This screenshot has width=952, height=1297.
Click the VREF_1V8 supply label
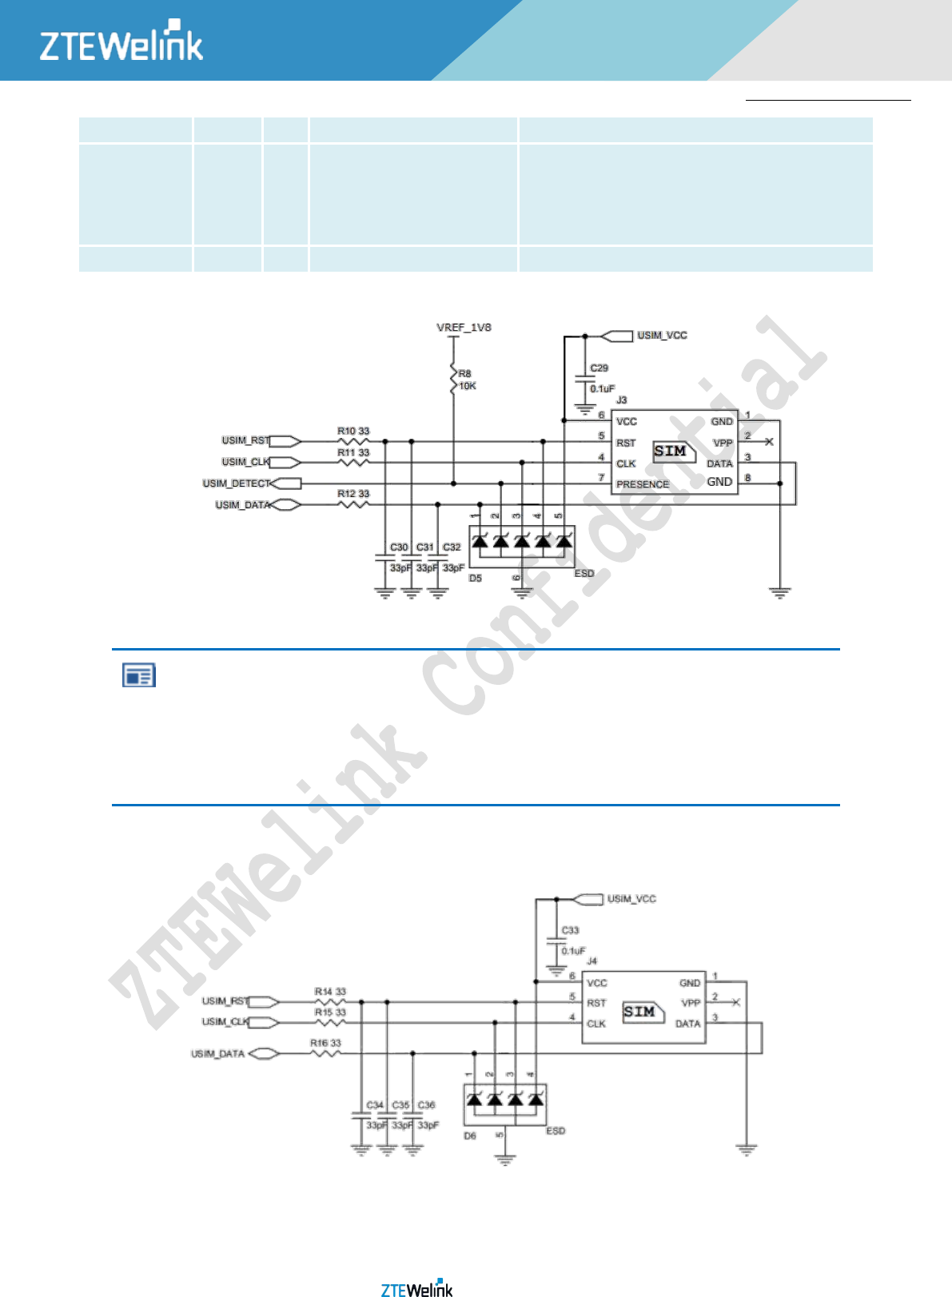pyautogui.click(x=464, y=328)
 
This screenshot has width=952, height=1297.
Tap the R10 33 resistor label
pyautogui.click(x=353, y=432)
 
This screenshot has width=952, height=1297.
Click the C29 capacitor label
pyautogui.click(x=599, y=368)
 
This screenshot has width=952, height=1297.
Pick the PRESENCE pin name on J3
pyautogui.click(x=643, y=484)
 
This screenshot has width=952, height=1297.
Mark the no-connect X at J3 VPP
pyautogui.click(x=769, y=442)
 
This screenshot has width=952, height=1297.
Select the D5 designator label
pyautogui.click(x=476, y=578)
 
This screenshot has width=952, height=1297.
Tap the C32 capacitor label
pyautogui.click(x=452, y=547)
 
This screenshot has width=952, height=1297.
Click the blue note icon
pyautogui.click(x=138, y=676)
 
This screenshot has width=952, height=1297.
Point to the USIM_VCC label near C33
pyautogui.click(x=631, y=899)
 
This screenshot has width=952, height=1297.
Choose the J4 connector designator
pyautogui.click(x=592, y=961)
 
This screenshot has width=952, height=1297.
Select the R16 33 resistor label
pyautogui.click(x=325, y=1043)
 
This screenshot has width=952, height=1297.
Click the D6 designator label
pyautogui.click(x=470, y=1136)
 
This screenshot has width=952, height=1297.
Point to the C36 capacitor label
pyautogui.click(x=426, y=1105)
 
